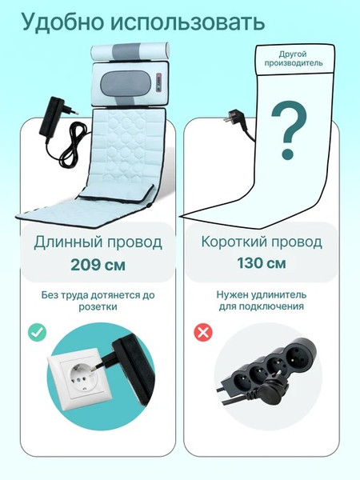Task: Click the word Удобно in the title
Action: [61, 23]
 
